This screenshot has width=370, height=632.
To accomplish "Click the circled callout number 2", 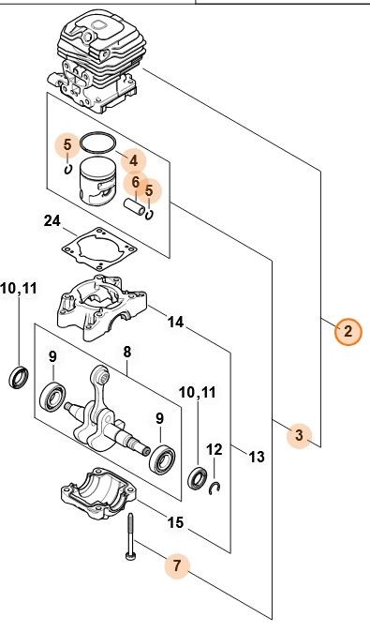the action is coord(348,331).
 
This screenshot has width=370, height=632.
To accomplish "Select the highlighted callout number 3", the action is coord(299,435).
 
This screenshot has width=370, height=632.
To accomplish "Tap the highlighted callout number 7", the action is coord(177,565).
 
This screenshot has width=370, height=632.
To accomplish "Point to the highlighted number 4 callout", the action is coord(134,161).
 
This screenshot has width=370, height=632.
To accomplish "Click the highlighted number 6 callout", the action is coord(136,182).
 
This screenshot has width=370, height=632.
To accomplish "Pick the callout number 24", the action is coord(52,221).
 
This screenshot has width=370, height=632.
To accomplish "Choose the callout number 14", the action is coord(175,322).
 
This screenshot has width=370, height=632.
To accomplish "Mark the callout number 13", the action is coord(257,457).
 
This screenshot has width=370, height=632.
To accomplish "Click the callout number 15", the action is coord(175,523).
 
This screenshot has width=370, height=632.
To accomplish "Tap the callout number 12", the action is coord(215,449).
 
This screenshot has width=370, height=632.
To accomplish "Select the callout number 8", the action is coord(126,352).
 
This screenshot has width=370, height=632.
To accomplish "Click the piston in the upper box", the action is coord(97,181).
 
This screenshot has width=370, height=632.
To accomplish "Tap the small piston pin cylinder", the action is coord(134,206).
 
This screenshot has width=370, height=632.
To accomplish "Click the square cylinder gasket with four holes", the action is coord(97,248).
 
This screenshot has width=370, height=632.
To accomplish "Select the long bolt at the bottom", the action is coord(130,537).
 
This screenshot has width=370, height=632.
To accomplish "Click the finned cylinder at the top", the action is coord(97,63).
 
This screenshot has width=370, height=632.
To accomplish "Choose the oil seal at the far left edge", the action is coord(19,378).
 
